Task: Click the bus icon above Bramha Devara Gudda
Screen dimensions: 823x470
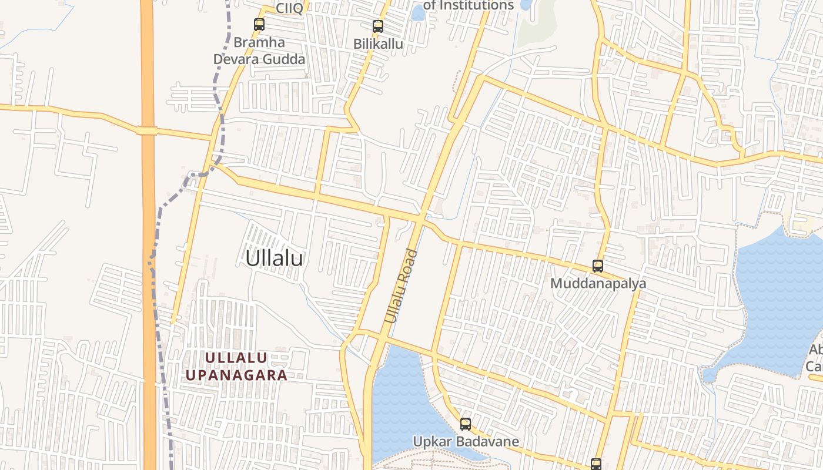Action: [259, 25]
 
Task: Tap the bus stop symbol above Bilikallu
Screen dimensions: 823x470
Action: [377, 26]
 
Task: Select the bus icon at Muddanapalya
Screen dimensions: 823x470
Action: [598, 266]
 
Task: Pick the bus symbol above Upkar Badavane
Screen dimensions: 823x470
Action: [466, 424]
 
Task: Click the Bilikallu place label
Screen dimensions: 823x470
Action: [378, 44]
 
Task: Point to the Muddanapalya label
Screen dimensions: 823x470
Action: [598, 283]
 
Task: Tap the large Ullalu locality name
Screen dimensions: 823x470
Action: [274, 258]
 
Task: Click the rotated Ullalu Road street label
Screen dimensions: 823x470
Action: [401, 287]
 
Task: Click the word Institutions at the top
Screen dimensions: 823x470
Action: [477, 5]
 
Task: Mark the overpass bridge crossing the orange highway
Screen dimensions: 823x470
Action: [147, 130]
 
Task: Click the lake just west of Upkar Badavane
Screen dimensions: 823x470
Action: [400, 405]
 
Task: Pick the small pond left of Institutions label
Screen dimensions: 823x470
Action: [418, 13]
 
